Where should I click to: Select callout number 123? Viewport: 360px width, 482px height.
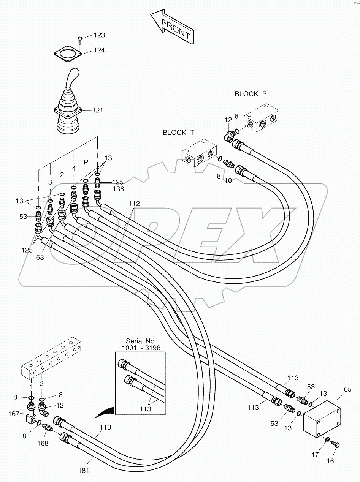tap(100, 35)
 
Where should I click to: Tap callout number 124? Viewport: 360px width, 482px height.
tap(100, 51)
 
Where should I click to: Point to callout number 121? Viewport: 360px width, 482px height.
tap(98, 110)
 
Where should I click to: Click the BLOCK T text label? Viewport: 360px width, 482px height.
tap(178, 132)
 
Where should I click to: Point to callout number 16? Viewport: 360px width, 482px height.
tap(330, 461)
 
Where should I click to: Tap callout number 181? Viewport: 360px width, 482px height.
tap(84, 470)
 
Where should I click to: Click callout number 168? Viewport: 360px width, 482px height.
tap(44, 443)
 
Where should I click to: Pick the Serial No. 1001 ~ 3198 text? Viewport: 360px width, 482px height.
tap(141, 345)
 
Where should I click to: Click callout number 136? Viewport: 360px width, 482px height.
tap(118, 189)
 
